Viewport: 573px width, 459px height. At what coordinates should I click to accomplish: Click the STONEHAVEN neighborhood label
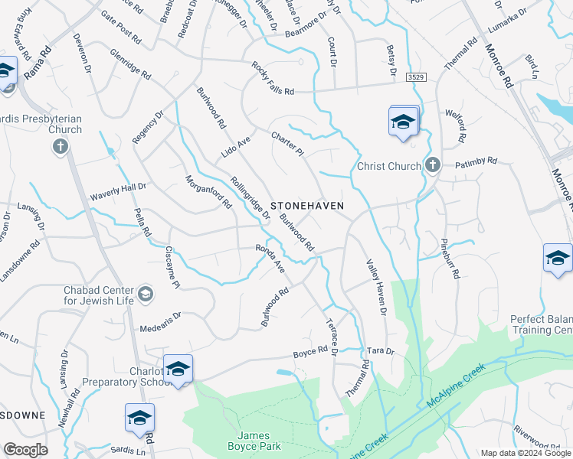tap(306, 207)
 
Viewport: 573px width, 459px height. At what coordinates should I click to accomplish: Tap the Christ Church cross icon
tap(432, 164)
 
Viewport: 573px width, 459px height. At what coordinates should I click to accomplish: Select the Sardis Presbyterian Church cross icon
tap(60, 145)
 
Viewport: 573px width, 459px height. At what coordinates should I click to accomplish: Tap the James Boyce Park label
tap(254, 441)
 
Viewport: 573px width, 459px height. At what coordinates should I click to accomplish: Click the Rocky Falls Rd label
tap(273, 79)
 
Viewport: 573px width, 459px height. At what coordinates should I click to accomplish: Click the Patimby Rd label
tap(477, 162)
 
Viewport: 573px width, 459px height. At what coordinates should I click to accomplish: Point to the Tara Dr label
tap(379, 351)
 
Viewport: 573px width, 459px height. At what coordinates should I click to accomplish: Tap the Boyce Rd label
tap(310, 353)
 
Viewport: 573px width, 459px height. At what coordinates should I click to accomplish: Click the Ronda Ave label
tap(270, 259)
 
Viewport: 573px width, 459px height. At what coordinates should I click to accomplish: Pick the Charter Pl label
tap(287, 144)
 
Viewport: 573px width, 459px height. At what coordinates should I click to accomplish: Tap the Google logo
tap(25, 450)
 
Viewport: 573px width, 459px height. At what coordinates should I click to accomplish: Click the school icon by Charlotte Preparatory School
tap(178, 369)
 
